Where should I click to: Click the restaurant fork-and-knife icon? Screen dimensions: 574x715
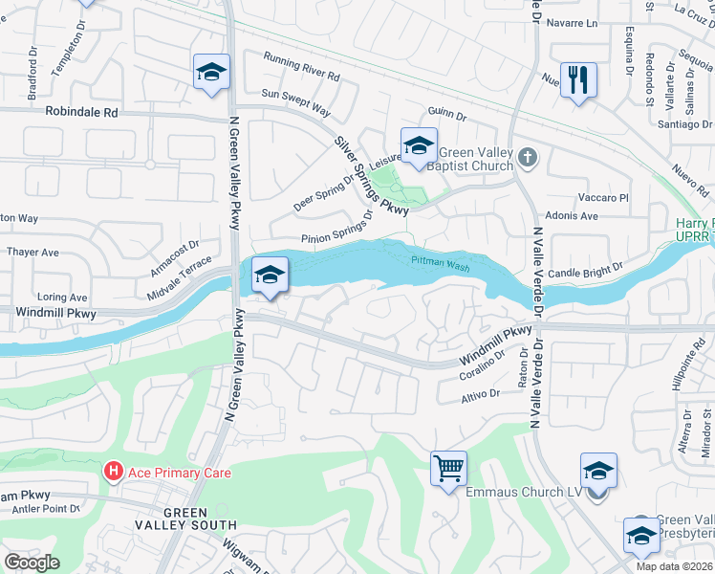[x=578, y=78]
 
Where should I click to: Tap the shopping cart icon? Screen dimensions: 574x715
[x=448, y=469]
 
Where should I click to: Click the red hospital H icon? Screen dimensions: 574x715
[x=114, y=473]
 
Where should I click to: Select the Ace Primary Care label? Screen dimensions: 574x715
[x=178, y=473]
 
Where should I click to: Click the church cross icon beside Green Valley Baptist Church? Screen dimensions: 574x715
[x=527, y=156]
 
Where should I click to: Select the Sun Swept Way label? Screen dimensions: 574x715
[x=295, y=96]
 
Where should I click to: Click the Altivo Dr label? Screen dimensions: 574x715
[x=481, y=394]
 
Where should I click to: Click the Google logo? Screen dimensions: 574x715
[x=32, y=562]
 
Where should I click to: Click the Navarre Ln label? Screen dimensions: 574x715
[x=576, y=23]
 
